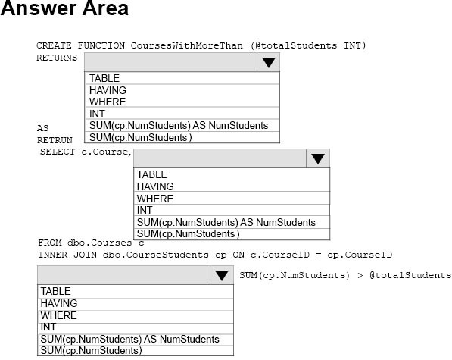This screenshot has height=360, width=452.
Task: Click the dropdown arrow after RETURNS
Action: pos(268,62)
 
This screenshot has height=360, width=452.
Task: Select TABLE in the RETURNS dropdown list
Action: pos(104,78)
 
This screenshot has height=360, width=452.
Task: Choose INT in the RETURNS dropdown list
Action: pos(97,114)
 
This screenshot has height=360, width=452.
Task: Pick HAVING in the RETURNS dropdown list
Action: pos(108,90)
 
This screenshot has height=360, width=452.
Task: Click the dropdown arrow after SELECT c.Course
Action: pos(318,158)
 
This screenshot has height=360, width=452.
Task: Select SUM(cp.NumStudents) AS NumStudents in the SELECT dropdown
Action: pos(226,222)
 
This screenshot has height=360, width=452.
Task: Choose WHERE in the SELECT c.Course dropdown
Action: pos(154,199)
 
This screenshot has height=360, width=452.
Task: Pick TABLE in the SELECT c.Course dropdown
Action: pos(152,174)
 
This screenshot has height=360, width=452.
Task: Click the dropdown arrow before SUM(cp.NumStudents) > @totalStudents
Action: pos(222,275)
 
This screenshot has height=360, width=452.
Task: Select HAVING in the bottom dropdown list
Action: pos(59,303)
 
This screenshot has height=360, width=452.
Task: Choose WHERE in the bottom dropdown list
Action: pos(58,315)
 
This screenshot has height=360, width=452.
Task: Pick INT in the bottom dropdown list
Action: pos(48,327)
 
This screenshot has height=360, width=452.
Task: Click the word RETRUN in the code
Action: pos(55,140)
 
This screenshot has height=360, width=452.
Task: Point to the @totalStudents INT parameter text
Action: pos(308,45)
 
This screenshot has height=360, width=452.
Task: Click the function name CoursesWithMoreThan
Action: pos(186,45)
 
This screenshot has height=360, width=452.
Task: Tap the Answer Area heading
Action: pos(64,8)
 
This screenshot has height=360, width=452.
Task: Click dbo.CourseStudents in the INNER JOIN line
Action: pos(156,255)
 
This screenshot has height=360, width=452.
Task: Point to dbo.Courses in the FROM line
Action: pos(99,243)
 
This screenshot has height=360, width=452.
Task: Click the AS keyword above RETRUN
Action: pos(42,128)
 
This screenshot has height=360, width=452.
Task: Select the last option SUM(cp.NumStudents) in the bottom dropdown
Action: pos(91,350)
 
